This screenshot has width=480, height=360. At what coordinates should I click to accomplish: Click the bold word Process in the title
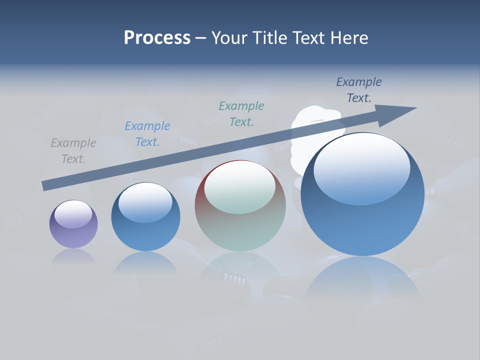[x=157, y=38]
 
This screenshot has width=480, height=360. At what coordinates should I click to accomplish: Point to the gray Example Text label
[x=73, y=151]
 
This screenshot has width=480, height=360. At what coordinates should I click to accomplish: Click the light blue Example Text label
[x=147, y=134]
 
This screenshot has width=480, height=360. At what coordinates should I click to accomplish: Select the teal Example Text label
[x=241, y=114]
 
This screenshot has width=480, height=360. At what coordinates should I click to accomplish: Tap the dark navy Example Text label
[x=359, y=90]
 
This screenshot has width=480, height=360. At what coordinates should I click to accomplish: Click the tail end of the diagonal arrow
[x=46, y=185]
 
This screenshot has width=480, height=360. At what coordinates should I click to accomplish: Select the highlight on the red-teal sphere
[x=239, y=189]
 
